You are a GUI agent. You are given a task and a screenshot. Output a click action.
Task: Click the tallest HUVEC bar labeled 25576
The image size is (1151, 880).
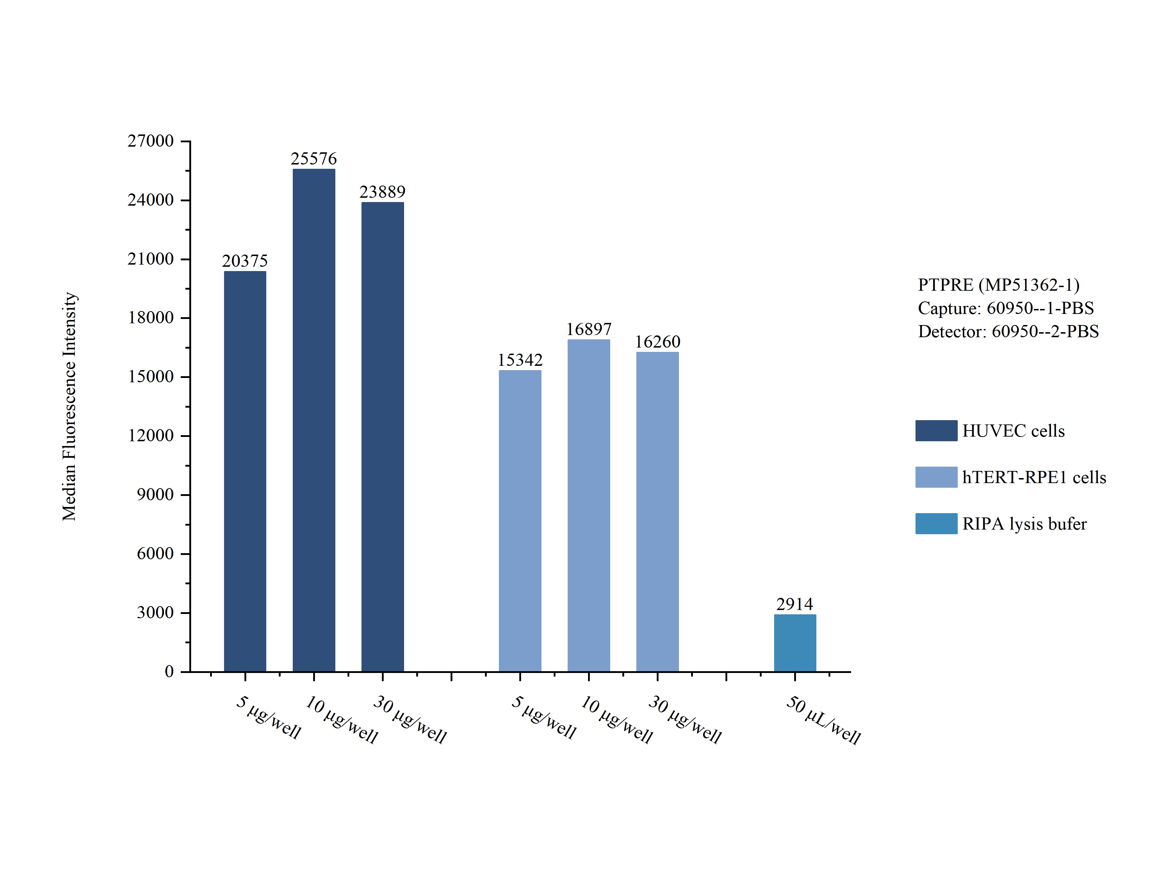pos(314,419)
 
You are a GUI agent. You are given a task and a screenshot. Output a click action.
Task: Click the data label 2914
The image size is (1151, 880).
pos(794,604)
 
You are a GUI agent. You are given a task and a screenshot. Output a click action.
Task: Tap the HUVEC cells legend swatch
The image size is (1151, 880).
pos(936,431)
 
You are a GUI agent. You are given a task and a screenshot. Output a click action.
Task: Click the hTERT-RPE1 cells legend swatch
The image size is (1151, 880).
pos(936,477)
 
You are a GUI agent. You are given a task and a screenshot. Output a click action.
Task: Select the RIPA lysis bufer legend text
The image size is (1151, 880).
pos(1024,524)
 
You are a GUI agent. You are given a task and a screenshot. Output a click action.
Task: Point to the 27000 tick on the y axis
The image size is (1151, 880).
pos(150,141)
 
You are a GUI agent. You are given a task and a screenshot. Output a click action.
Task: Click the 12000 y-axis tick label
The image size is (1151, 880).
pos(150,435)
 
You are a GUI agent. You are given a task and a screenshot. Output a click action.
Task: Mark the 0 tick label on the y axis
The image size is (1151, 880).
pos(169,671)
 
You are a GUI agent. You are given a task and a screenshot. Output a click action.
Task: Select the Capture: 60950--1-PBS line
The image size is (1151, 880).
pos(1005,308)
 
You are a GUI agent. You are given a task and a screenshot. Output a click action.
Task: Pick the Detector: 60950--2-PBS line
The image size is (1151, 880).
pos(1008,331)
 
